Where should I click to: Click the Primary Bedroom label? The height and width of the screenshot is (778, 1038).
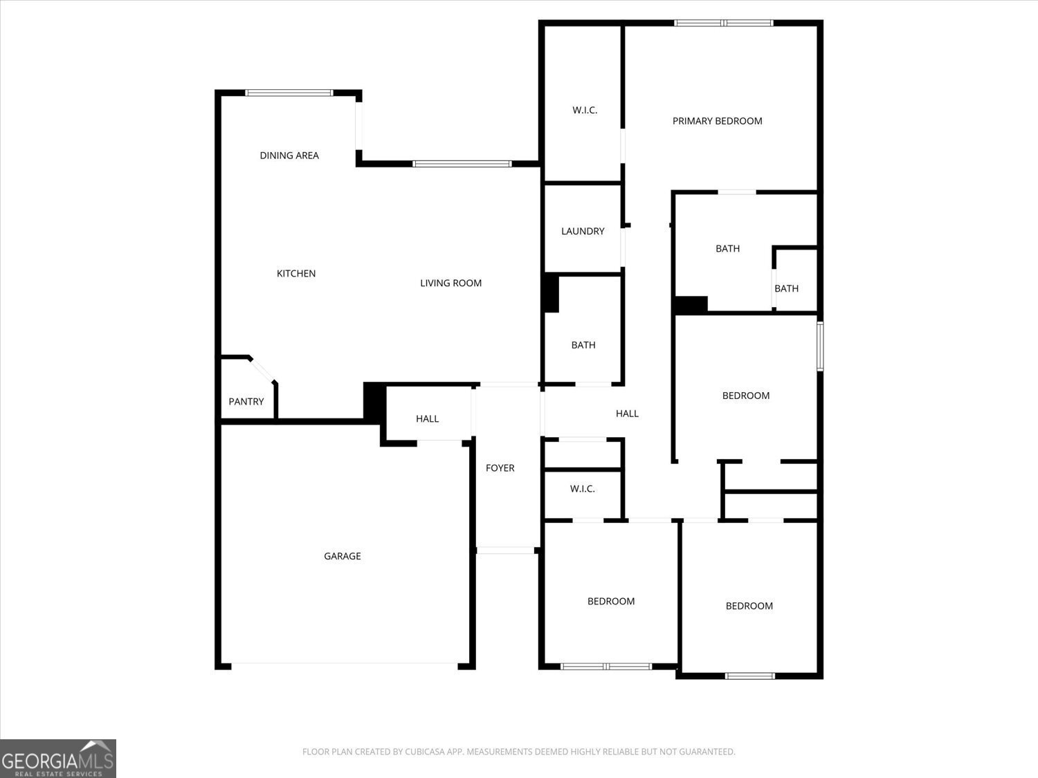coord(717,121)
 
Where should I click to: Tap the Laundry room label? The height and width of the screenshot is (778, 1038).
coord(583,231)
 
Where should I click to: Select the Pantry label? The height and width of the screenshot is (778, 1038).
coord(246,401)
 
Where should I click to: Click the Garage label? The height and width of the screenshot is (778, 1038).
coord(343,556)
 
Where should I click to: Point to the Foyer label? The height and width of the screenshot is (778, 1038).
coord(500,468)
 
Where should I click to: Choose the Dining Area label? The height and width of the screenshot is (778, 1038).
coord(289,156)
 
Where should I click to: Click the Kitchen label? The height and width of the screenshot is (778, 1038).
coord(296,274)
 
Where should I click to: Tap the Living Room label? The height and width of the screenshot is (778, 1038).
coord(450,283)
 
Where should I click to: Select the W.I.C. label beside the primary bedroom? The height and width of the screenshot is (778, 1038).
coord(585,110)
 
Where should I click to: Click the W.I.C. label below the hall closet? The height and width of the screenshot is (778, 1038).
coord(582,489)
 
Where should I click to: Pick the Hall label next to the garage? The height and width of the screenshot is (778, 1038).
coord(427,418)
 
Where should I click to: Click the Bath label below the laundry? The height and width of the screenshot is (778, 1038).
coord(583,345)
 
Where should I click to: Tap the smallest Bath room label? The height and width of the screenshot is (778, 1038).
coord(786,288)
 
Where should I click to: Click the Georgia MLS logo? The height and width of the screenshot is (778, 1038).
coord(57,759)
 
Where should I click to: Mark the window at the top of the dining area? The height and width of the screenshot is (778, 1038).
coord(289,93)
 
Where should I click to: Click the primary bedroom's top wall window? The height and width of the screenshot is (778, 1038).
coord(724,23)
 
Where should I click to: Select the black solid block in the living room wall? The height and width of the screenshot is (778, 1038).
coord(551,293)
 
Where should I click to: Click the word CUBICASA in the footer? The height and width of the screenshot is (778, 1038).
coord(425,752)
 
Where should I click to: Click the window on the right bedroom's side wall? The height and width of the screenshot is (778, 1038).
coord(820,346)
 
